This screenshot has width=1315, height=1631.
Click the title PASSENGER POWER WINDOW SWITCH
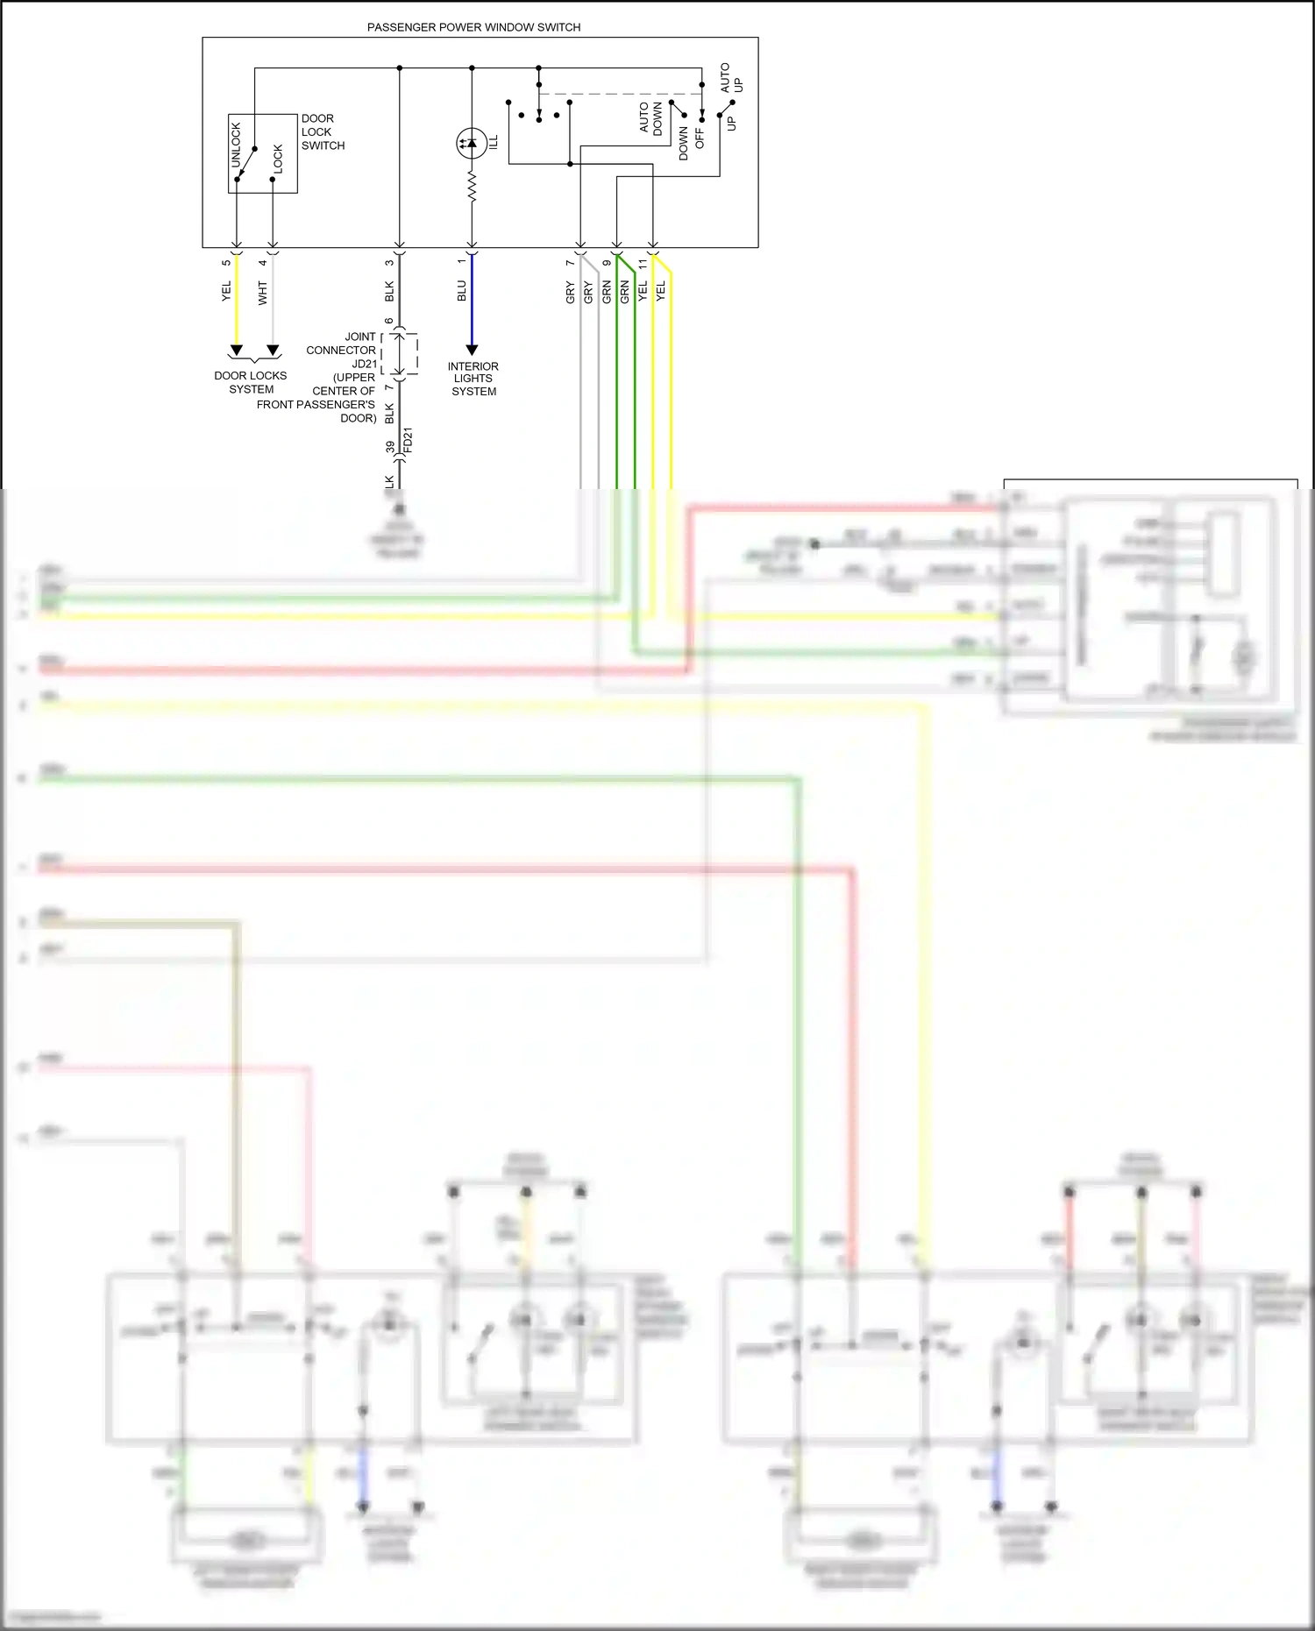[473, 27]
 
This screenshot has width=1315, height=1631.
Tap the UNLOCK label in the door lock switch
[236, 145]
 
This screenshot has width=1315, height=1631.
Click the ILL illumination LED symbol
[472, 143]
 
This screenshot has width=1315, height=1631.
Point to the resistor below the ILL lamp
[472, 186]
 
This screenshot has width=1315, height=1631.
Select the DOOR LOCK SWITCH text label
[323, 131]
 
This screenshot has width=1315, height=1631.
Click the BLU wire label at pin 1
[462, 291]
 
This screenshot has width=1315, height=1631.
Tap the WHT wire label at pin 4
[262, 293]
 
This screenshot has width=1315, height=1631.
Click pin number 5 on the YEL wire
[226, 263]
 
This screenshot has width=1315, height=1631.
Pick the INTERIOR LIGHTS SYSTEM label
[473, 379]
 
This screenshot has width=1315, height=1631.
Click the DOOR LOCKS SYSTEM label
[251, 382]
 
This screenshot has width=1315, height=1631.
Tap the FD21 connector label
[408, 440]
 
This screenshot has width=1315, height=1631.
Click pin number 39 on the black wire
[390, 447]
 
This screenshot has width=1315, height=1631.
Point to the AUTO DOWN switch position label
[650, 118]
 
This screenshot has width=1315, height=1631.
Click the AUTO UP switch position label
[731, 78]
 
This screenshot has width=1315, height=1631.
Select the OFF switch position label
[700, 138]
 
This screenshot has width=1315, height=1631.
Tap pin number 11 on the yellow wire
[643, 263]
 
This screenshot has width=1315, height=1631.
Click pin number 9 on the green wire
[606, 263]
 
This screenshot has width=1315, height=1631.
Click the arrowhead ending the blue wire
[472, 350]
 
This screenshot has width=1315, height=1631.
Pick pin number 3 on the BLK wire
[389, 263]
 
